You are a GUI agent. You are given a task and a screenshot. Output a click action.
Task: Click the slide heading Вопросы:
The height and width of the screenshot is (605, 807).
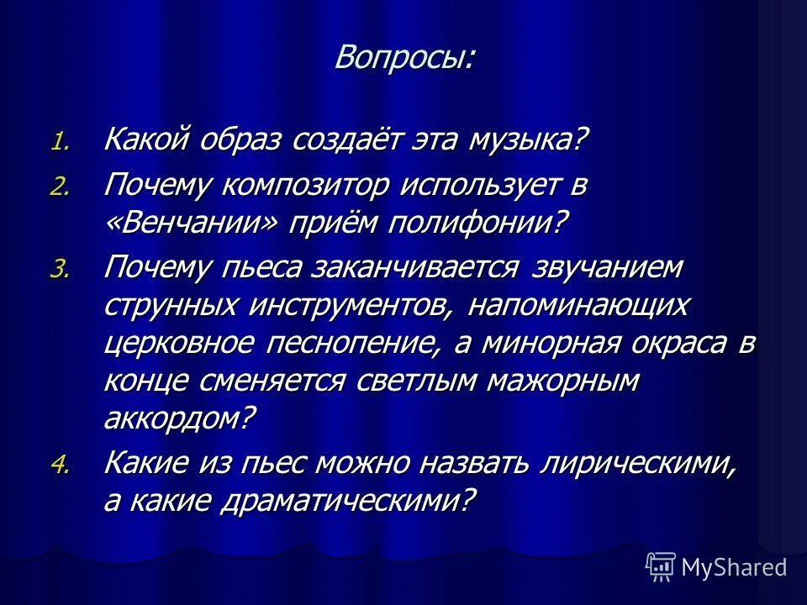pos(403,57)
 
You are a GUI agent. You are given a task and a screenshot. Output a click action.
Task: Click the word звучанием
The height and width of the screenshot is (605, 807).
pos(606,271)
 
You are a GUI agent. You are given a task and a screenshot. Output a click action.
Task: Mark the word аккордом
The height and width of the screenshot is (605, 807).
pos(177,417)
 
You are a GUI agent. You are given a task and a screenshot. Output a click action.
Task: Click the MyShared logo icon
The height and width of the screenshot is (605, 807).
pos(661,567)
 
